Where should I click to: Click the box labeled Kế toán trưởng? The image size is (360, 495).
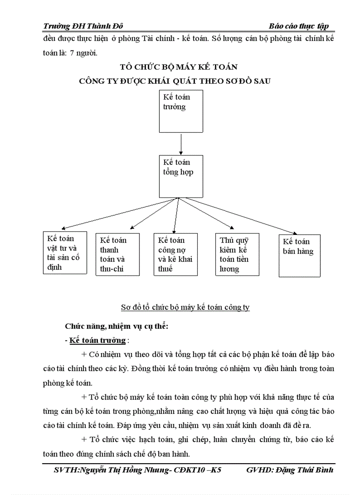(x=181, y=111)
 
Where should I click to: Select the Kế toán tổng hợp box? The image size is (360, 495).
(x=181, y=176)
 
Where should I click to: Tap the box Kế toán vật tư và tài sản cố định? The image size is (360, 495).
(x=65, y=253)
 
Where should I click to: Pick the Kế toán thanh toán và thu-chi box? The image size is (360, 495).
(x=117, y=254)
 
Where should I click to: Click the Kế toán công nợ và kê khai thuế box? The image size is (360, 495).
(x=175, y=254)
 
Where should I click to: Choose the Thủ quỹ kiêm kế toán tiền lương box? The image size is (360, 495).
(x=237, y=254)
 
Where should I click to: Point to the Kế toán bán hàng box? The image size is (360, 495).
(x=300, y=256)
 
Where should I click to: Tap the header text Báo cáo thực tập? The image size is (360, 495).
(x=299, y=26)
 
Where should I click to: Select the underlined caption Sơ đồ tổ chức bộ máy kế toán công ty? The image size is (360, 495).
(x=185, y=307)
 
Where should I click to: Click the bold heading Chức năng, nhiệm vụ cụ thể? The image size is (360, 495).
(x=117, y=327)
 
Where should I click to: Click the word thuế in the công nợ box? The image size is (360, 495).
(x=165, y=268)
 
